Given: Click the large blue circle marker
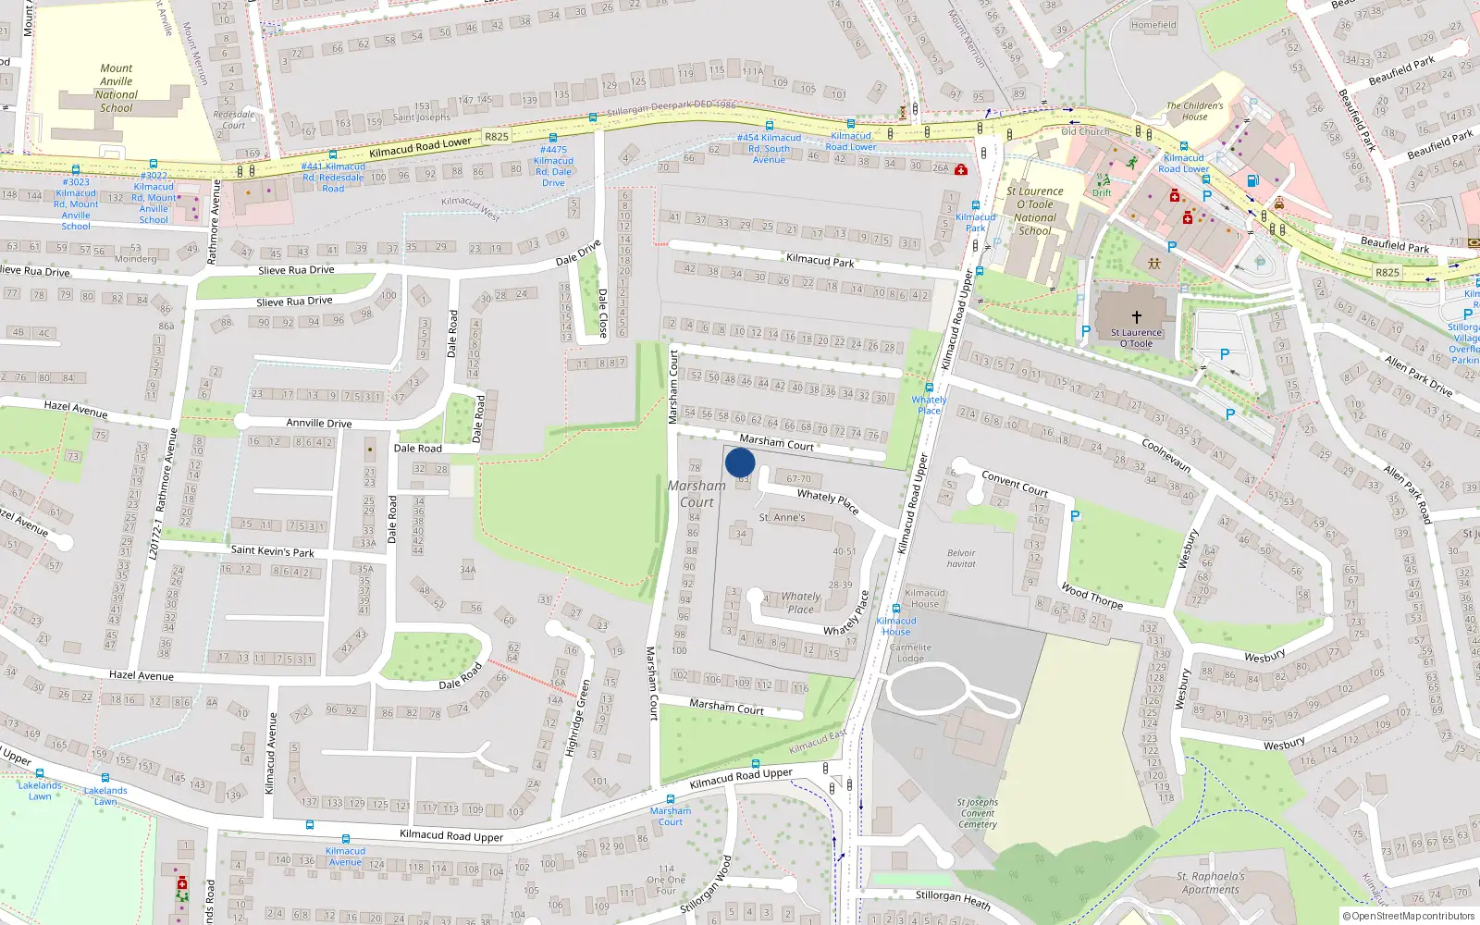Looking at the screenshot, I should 740,462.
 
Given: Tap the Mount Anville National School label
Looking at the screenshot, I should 117,88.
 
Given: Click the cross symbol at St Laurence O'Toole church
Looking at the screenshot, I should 1137,316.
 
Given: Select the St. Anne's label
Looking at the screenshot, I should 782,518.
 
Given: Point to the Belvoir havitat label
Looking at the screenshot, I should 961,559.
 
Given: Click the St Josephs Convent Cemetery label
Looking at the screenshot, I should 978,813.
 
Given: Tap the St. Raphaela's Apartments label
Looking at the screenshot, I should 1210,882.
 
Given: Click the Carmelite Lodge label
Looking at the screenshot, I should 910,653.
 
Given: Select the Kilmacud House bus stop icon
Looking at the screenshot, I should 895,609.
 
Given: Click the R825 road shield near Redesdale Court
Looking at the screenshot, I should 497,136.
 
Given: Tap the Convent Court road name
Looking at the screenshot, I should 1015,483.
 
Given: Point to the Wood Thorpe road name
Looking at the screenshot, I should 1091,596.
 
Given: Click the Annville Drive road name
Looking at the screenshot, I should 318,423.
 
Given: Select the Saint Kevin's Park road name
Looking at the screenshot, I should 272,551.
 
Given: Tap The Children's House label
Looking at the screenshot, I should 1194,111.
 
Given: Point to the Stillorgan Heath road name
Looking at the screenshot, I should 953,899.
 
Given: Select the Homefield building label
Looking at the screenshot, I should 1153,25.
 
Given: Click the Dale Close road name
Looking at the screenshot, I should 602,313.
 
